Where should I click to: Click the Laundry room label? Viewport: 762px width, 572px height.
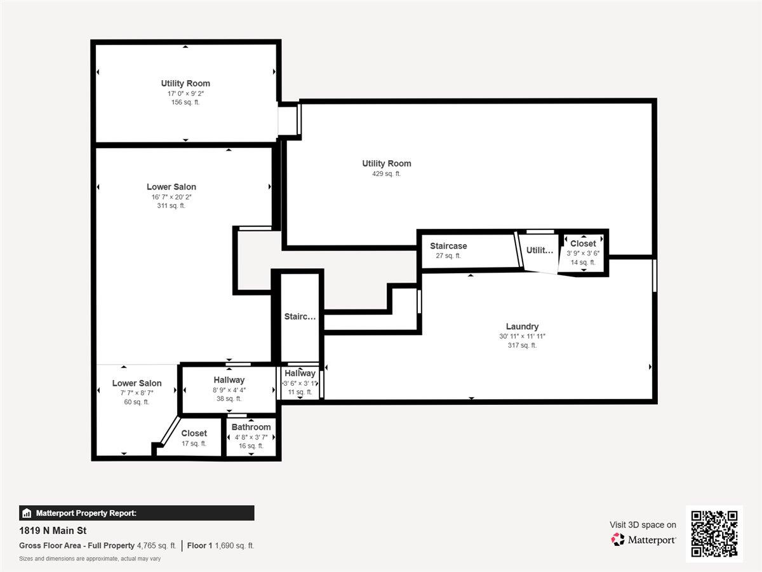click(x=522, y=327)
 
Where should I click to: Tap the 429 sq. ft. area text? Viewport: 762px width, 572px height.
click(x=386, y=174)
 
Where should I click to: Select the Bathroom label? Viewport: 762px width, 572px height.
click(x=251, y=427)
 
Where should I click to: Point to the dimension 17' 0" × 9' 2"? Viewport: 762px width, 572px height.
click(x=185, y=93)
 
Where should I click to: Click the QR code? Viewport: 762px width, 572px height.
click(x=714, y=534)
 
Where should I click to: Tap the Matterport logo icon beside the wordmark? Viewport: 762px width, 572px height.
click(x=618, y=540)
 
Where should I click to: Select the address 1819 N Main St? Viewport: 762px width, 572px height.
click(x=53, y=531)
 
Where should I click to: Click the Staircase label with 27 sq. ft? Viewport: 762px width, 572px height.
click(x=448, y=246)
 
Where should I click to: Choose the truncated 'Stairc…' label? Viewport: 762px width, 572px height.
click(x=300, y=317)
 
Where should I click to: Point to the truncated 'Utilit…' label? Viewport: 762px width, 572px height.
click(x=540, y=250)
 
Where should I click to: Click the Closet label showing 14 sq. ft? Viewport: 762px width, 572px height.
click(x=583, y=243)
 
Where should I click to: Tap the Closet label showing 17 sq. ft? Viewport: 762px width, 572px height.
click(x=194, y=433)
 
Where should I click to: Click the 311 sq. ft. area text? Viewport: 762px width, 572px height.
click(x=171, y=206)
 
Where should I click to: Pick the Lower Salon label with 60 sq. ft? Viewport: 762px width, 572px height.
click(x=137, y=383)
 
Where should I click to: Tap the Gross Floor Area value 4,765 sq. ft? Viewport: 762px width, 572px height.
click(x=156, y=546)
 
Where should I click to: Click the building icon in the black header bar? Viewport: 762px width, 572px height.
click(x=27, y=514)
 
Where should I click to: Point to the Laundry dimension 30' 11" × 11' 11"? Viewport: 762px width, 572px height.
click(x=522, y=336)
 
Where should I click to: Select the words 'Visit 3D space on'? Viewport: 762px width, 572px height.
click(x=643, y=525)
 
